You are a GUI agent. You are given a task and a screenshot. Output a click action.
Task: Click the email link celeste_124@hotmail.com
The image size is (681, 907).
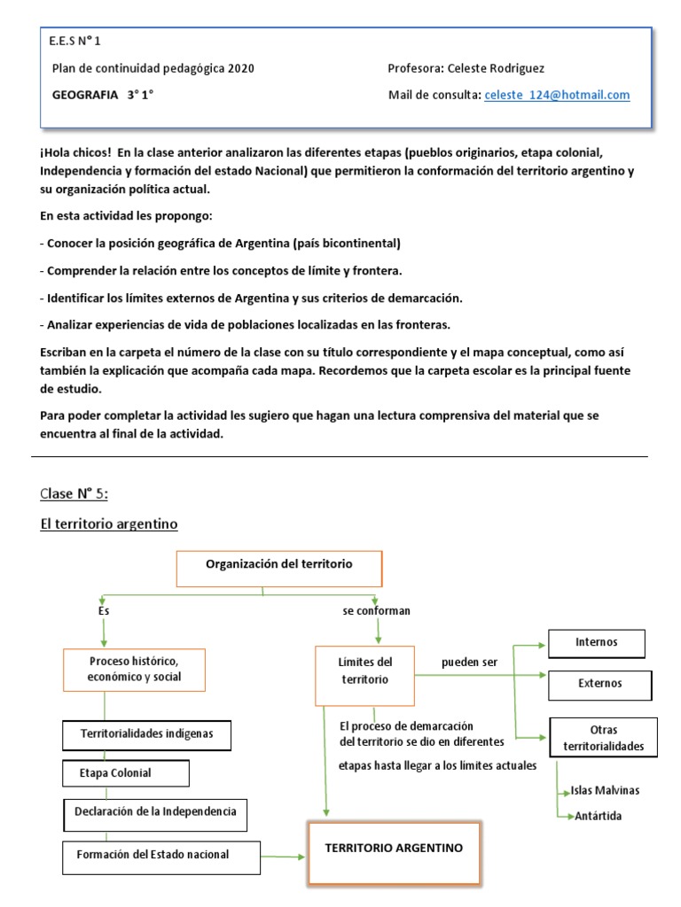tap(557, 95)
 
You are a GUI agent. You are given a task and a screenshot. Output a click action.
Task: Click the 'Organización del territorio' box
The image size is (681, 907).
tap(279, 568)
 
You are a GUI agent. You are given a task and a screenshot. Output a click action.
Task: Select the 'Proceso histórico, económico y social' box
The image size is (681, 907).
tap(134, 670)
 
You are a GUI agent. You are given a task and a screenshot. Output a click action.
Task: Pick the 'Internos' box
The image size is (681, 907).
tap(596, 643)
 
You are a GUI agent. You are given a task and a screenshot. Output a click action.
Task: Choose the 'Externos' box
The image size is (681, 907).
tap(599, 684)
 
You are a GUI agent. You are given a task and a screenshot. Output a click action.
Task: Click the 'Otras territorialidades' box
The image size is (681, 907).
tap(603, 738)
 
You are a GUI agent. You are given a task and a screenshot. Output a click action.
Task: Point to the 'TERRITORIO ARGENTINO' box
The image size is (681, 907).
tap(394, 853)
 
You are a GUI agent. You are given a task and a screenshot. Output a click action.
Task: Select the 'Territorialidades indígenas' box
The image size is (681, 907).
tap(147, 734)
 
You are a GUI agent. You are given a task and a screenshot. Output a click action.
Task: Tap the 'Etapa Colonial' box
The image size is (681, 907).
tap(126, 773)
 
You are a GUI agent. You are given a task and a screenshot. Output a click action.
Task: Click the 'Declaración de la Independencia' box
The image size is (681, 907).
tap(155, 812)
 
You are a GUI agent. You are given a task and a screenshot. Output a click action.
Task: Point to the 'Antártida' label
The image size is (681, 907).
tap(595, 816)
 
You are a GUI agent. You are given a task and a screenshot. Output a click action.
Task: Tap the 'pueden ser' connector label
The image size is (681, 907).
tap(470, 663)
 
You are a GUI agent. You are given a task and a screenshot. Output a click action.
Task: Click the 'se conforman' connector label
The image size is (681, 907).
tap(377, 611)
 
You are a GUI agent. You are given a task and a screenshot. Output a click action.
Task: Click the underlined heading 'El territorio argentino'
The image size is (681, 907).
tap(109, 524)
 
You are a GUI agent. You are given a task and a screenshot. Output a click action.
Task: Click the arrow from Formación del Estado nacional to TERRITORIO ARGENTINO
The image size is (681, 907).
tap(284, 856)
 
